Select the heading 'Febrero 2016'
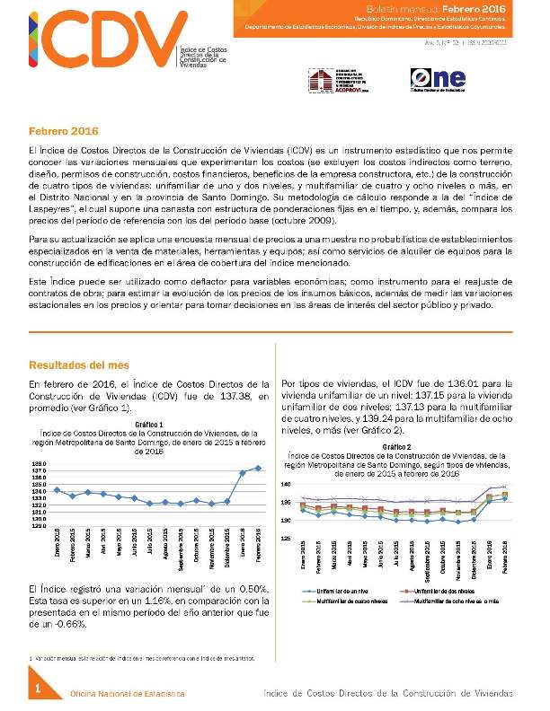[64, 131]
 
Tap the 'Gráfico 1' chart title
[148, 423]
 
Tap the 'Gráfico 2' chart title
[396, 446]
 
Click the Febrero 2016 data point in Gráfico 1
[259, 468]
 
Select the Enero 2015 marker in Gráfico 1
[58, 489]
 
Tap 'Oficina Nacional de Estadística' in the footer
[128, 694]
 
